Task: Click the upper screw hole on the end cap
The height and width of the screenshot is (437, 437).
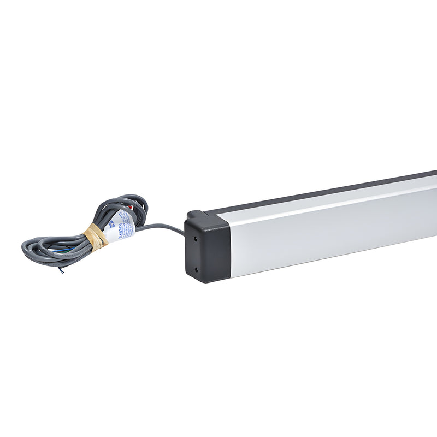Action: click(x=196, y=238)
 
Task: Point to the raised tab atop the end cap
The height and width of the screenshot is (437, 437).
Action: click(x=194, y=214)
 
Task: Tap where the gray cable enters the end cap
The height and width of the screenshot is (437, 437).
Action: click(x=184, y=234)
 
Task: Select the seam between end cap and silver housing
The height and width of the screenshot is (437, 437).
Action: click(x=230, y=246)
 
